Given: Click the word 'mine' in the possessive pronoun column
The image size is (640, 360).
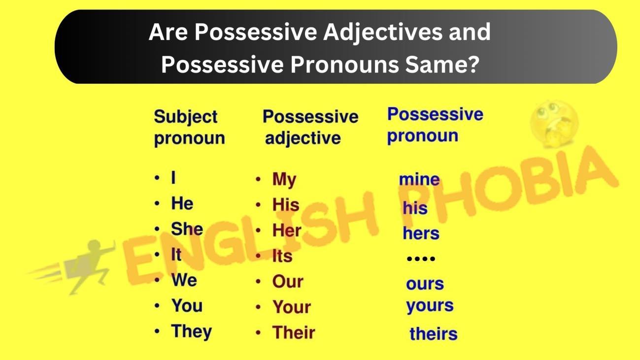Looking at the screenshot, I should point(419,180).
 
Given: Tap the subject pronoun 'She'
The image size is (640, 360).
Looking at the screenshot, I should point(187,229).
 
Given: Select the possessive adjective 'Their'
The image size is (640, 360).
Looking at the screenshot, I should point(293,332).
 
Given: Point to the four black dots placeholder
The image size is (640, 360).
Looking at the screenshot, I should point(420,259).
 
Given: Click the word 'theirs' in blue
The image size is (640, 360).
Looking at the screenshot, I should point(433,334).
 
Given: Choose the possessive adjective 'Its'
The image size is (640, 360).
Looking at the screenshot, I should point(282,256).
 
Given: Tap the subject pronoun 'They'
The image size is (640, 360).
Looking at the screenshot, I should point(191,331).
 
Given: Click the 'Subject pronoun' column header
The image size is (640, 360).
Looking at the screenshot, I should point(189,128).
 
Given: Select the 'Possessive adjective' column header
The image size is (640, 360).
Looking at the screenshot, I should point(310,128).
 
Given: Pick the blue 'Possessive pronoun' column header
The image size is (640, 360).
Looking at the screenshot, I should point(435,125).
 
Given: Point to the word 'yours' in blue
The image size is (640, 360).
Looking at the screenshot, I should point(430,306).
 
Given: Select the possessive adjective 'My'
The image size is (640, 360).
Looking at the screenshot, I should point(284,180).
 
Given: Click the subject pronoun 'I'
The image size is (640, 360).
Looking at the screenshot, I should point(173,178).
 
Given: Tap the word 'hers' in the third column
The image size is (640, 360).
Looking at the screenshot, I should point(421,233).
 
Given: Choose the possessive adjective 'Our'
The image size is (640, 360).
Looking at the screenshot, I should point(288,282).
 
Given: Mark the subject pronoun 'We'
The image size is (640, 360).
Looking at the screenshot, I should point(184,280).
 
